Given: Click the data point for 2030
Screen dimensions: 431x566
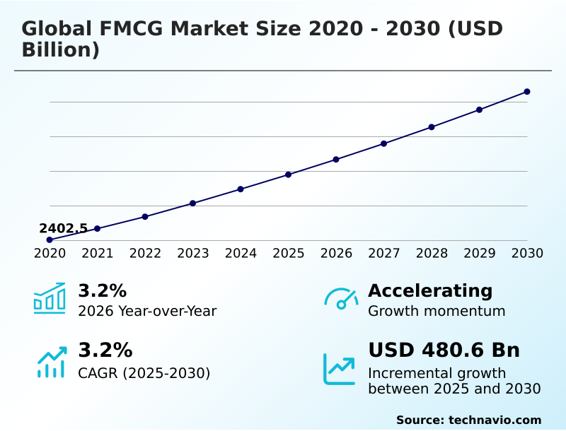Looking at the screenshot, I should pyautogui.click(x=527, y=92).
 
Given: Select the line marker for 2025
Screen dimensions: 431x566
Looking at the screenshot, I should pyautogui.click(x=288, y=175).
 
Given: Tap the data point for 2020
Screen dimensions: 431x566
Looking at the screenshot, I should pyautogui.click(x=50, y=240).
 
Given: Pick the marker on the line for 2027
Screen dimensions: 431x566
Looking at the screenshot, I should pyautogui.click(x=383, y=143).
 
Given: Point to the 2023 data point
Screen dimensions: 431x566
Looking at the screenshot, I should pyautogui.click(x=192, y=203).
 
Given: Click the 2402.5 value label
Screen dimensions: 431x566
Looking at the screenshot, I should pyautogui.click(x=63, y=228).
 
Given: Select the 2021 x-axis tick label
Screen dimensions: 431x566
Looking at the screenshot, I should pyautogui.click(x=97, y=254).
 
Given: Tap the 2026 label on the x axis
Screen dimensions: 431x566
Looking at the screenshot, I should pyautogui.click(x=336, y=254).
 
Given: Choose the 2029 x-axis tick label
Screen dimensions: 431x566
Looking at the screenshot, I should pyautogui.click(x=479, y=254).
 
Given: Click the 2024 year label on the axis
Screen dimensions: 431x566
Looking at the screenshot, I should pyautogui.click(x=241, y=254).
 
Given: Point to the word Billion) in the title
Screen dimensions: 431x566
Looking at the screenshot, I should pyautogui.click(x=60, y=50).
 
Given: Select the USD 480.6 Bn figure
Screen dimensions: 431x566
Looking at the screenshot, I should pyautogui.click(x=444, y=350).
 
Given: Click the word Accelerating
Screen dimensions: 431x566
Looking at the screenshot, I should pyautogui.click(x=430, y=290).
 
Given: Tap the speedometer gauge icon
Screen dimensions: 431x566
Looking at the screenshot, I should pyautogui.click(x=340, y=299).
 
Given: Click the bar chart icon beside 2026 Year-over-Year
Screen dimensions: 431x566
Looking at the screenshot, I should pyautogui.click(x=50, y=299).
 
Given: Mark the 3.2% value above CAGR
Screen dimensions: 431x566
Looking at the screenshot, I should pyautogui.click(x=105, y=350).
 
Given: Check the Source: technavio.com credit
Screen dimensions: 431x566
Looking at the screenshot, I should pyautogui.click(x=468, y=420).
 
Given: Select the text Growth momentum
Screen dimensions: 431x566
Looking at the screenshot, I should pyautogui.click(x=437, y=311).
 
